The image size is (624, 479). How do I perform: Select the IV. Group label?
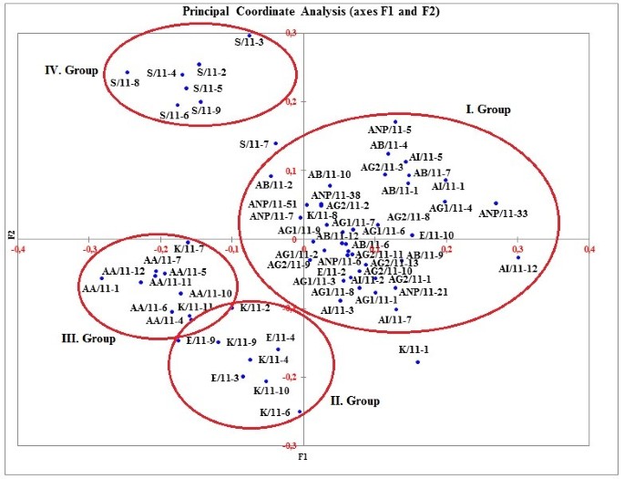[72, 69]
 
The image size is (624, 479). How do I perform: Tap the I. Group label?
[488, 109]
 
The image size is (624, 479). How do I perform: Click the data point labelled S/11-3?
[250, 36]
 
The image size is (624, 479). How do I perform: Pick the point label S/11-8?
[125, 83]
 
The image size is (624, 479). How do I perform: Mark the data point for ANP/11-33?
[496, 203]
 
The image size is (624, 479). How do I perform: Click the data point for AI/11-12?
[518, 257]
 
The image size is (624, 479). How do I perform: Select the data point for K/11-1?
[418, 362]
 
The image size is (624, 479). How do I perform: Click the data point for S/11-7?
[275, 143]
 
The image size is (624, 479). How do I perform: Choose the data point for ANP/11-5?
[395, 121]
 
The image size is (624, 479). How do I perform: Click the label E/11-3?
[225, 378]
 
